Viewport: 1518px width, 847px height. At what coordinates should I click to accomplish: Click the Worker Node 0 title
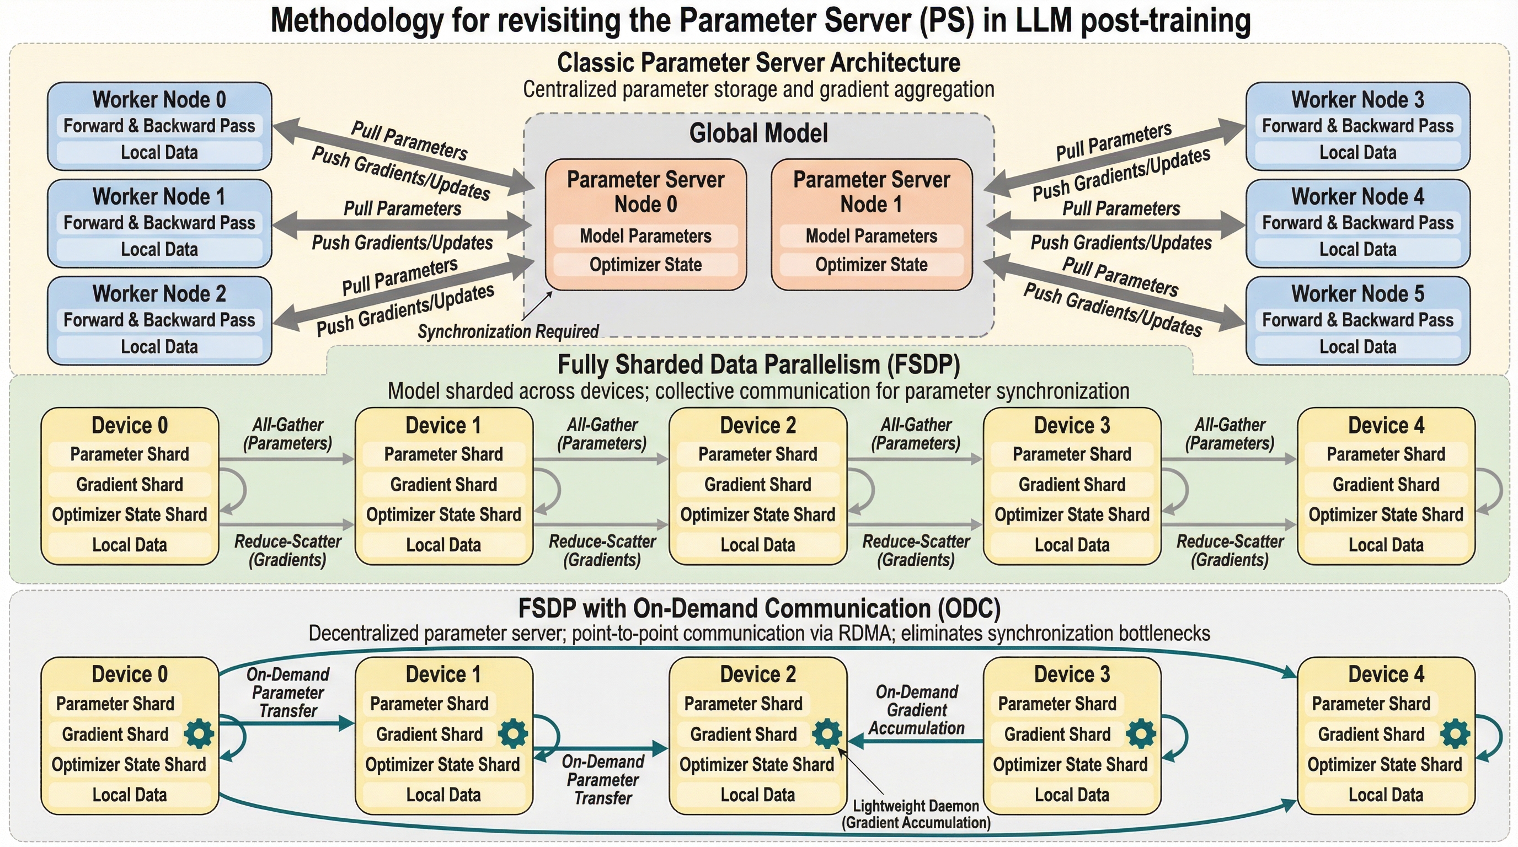(159, 100)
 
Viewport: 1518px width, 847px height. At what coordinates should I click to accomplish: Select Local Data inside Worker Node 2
(159, 347)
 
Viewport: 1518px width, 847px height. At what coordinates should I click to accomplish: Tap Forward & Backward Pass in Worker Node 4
(1357, 223)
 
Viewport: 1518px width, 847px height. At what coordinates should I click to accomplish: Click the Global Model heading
(758, 133)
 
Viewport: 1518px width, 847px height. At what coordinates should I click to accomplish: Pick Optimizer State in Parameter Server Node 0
(645, 265)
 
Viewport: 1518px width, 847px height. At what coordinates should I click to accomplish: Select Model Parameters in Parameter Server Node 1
(871, 236)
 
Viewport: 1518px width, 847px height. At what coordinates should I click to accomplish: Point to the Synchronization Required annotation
(508, 331)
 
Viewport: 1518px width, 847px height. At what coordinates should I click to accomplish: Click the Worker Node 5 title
(1357, 293)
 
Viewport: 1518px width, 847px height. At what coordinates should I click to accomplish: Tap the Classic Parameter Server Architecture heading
(758, 62)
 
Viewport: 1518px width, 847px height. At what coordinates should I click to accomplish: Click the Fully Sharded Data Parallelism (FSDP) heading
(758, 364)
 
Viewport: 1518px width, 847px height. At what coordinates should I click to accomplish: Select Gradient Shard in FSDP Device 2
(758, 484)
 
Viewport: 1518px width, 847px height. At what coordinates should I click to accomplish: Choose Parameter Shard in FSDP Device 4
(1386, 454)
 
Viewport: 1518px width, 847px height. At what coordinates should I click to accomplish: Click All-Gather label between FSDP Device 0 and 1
(287, 434)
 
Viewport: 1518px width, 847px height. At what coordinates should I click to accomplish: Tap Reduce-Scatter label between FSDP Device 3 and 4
(1230, 551)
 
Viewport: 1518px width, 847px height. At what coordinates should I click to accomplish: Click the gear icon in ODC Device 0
(199, 734)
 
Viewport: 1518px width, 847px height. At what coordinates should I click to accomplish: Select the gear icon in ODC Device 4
(1455, 734)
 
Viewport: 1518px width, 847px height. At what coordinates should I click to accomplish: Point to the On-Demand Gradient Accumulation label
(917, 710)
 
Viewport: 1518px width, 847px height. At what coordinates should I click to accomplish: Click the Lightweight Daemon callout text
(916, 814)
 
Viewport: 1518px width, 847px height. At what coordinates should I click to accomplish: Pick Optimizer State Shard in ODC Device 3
(1070, 764)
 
